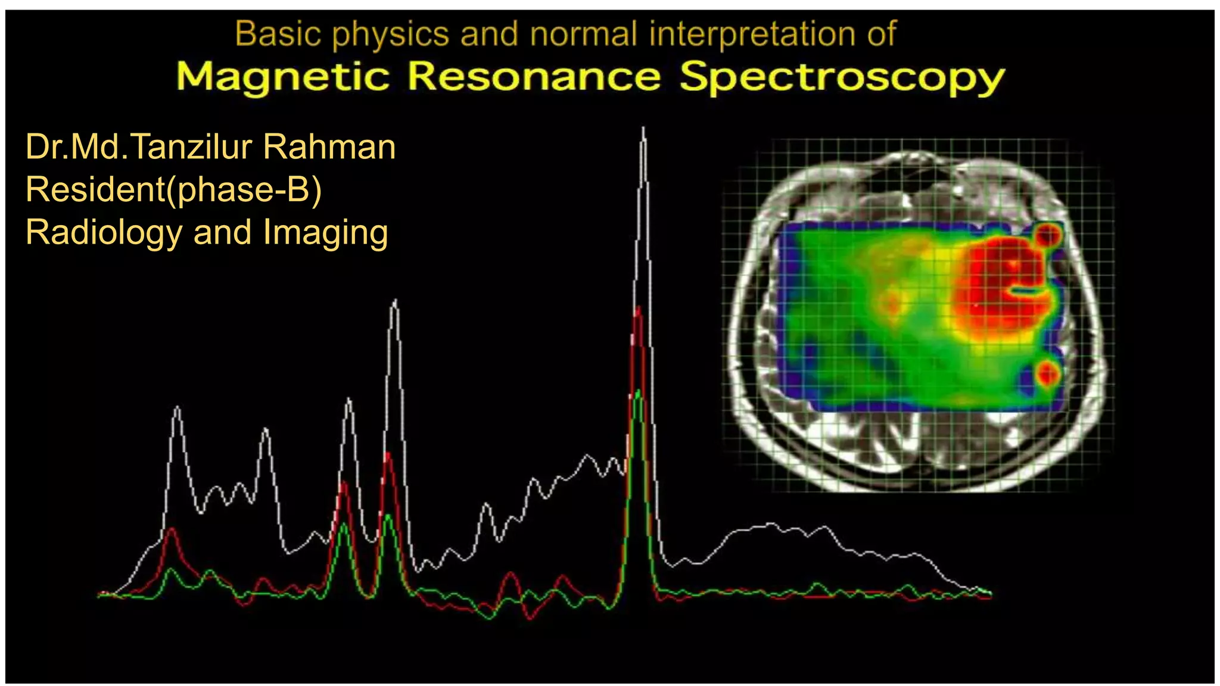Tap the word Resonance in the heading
534,77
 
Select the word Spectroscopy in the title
842,78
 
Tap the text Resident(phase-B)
173,190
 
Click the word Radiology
104,232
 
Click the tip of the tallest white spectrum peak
643,129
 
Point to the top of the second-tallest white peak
395,301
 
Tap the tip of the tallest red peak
638,308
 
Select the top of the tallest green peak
638,391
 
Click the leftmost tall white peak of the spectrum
177,408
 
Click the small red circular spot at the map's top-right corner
1048,235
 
